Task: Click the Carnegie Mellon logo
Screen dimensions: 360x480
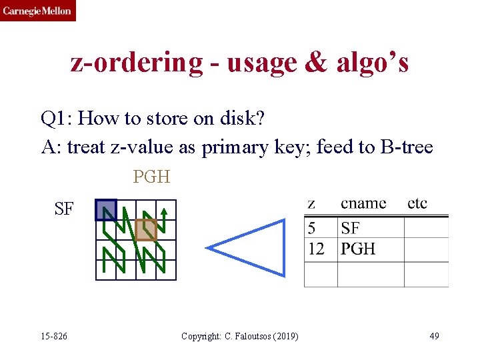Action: click(37, 11)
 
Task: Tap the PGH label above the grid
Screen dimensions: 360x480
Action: click(151, 177)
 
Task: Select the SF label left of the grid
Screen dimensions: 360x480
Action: click(64, 209)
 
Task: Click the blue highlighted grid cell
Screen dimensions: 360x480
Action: click(106, 210)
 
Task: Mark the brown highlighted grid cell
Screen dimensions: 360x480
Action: click(146, 230)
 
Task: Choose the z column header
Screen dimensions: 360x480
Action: click(311, 204)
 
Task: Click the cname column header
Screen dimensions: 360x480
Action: click(363, 204)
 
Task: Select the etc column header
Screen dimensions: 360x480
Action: click(417, 204)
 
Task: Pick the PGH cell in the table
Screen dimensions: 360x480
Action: click(358, 249)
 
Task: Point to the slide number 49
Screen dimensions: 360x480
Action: click(434, 336)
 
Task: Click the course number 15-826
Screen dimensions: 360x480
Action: click(54, 336)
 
